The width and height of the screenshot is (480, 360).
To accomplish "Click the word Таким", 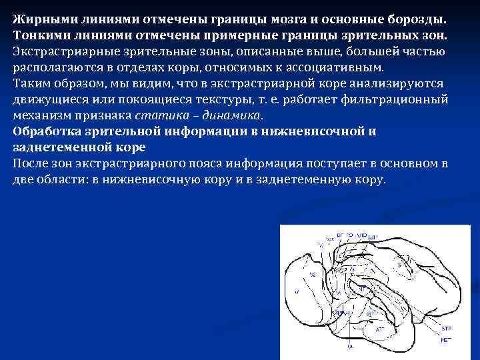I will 29,83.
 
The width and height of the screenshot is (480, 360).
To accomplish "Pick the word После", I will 30,164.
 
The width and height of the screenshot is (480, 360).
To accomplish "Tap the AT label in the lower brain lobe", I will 379,329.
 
